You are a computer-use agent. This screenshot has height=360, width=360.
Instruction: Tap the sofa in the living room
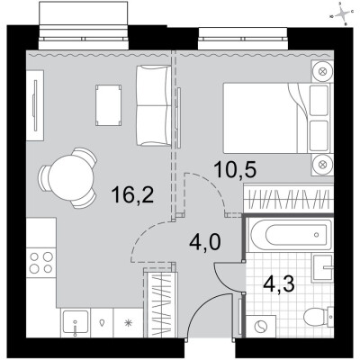(152, 104)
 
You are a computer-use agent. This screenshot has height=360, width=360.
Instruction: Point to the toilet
(316, 318)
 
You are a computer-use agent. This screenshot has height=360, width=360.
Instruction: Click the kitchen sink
(74, 320)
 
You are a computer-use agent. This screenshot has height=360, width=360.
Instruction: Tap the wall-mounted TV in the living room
(34, 106)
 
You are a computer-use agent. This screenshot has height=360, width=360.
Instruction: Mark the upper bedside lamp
(322, 72)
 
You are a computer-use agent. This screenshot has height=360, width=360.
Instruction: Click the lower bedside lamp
(322, 163)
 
